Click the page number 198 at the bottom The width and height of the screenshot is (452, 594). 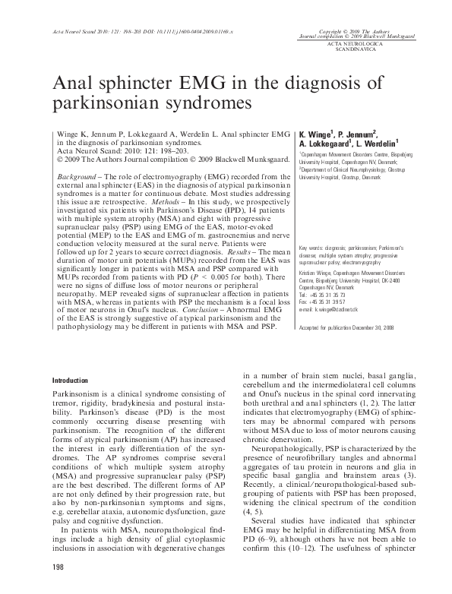click(x=58, y=567)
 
